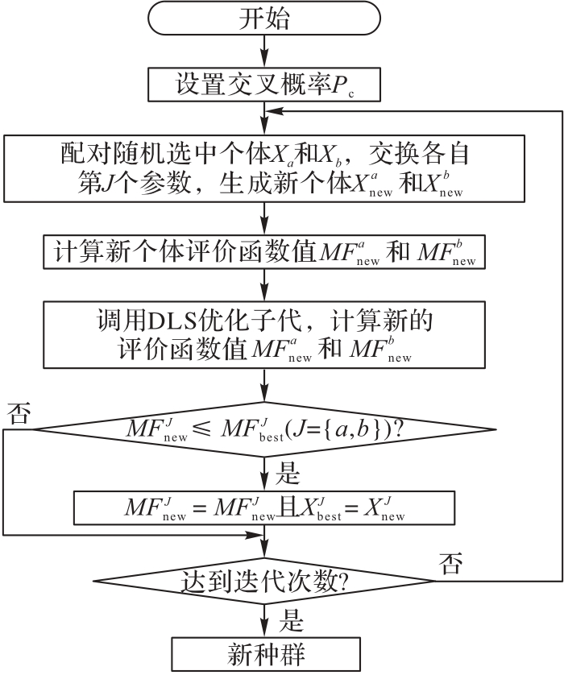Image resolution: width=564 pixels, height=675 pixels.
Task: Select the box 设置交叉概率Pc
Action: pos(263,85)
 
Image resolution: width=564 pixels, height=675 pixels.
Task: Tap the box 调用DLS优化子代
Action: pos(263,333)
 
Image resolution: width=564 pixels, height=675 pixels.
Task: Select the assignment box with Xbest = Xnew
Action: pos(263,508)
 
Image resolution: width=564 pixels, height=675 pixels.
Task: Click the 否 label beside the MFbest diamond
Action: pos(18,415)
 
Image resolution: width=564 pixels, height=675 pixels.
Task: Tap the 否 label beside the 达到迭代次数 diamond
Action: pos(450,563)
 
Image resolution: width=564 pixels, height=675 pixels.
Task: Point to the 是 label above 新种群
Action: pos(290,621)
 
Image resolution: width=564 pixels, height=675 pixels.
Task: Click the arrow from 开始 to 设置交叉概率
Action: pos(263,55)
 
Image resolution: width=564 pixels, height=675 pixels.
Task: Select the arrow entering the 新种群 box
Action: pos(263,622)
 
